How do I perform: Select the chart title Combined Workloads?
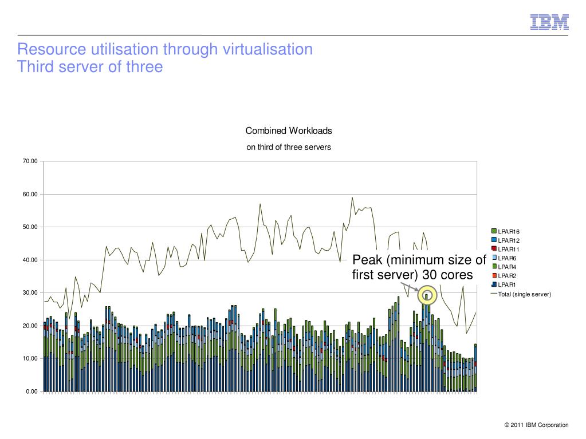pos(289,130)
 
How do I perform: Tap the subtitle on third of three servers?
pos(289,147)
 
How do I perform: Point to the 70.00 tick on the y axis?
pos(30,161)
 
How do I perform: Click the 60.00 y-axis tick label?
pos(30,195)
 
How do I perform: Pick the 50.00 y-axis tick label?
pos(30,227)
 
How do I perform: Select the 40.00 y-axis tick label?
pos(30,260)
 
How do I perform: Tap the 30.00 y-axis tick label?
pos(30,293)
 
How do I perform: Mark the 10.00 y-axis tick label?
pos(30,359)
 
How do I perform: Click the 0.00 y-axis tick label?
pos(32,391)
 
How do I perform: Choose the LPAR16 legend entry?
pos(508,231)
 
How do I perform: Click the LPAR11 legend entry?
pos(508,249)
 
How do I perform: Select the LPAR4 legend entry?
pos(506,267)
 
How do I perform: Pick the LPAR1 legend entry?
pos(506,284)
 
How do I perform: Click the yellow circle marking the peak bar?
pos(427,295)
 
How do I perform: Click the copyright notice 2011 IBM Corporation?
pos(537,425)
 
